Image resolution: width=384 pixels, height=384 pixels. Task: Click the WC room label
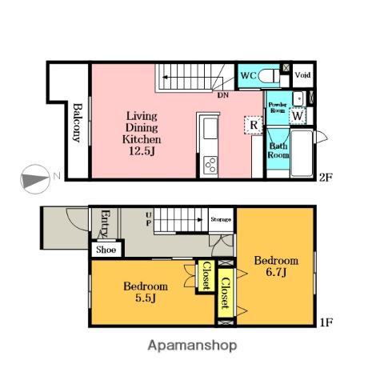[x=248, y=75]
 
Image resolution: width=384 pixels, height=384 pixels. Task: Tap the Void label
[x=302, y=75]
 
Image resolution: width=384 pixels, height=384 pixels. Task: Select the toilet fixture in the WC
[x=269, y=76]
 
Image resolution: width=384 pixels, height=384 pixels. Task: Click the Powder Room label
[x=278, y=107]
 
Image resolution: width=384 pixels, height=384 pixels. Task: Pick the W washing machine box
[x=298, y=116]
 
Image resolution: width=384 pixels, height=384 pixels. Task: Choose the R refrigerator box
[x=254, y=125]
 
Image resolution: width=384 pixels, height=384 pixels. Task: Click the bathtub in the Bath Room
[x=302, y=153]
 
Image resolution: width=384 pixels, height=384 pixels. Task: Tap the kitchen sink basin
[x=210, y=128]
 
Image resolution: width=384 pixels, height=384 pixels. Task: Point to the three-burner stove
[x=210, y=166]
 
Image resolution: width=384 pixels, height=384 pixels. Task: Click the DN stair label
[x=223, y=95]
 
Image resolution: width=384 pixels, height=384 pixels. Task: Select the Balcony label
[x=78, y=122]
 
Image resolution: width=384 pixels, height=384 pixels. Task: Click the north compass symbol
[x=35, y=179]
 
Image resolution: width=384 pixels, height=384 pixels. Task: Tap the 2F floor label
[x=326, y=178]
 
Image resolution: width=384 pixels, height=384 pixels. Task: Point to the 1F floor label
[x=326, y=322]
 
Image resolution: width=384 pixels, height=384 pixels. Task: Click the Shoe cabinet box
[x=106, y=250]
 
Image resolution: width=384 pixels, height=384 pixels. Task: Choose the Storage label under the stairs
[x=221, y=219]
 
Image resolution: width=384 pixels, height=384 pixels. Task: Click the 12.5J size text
[x=142, y=151]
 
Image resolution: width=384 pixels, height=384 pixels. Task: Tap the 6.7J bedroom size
[x=276, y=272]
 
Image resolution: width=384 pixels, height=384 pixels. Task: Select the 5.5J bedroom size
[x=146, y=298]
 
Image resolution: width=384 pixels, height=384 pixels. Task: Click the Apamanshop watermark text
[x=192, y=346]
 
